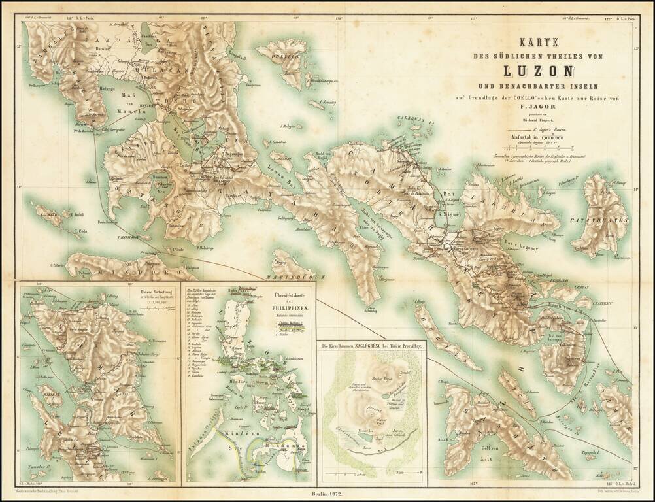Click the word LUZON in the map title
pos(538,69)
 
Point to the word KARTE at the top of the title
pos(537,41)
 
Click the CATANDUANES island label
pos(607,221)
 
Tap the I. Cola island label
pos(81,231)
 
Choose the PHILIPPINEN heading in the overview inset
pos(288,306)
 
